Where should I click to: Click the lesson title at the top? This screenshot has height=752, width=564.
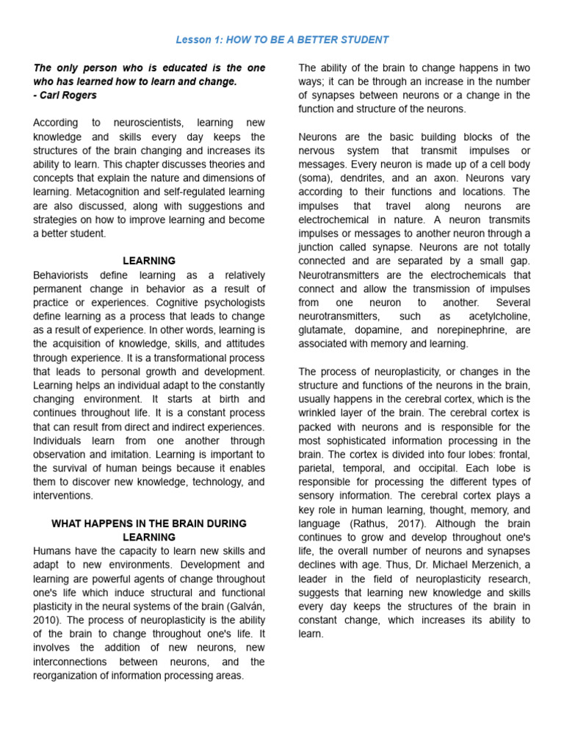point(282,40)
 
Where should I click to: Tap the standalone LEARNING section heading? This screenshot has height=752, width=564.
point(149,261)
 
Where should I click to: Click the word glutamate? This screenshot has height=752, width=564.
point(323,330)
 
